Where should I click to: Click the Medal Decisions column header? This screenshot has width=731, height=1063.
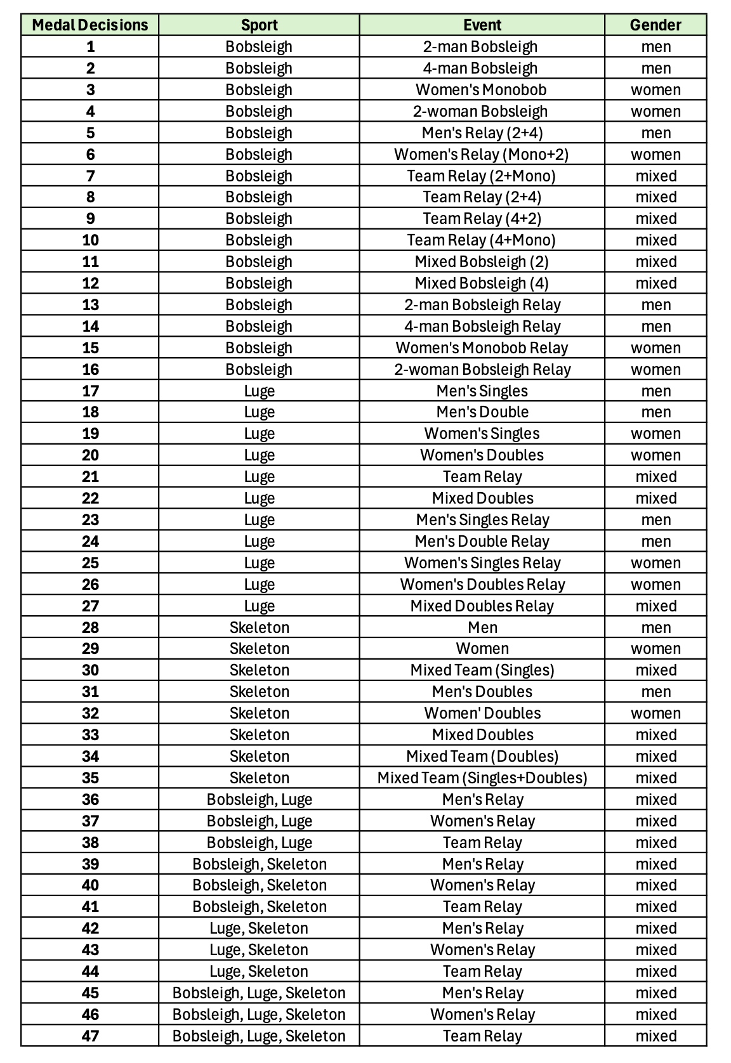(x=89, y=25)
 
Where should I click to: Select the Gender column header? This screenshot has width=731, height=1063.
(x=655, y=25)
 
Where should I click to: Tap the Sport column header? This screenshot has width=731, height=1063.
(x=259, y=25)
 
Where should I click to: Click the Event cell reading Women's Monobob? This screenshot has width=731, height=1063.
(x=482, y=89)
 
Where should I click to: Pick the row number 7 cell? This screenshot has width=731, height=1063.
(x=90, y=176)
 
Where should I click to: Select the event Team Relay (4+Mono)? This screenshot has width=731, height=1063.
(x=482, y=240)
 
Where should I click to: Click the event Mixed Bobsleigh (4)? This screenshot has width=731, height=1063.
(x=482, y=283)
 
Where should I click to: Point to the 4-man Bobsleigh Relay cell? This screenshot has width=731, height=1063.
(x=482, y=326)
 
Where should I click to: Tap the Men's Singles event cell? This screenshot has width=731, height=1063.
(x=482, y=391)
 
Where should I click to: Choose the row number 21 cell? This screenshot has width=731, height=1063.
(x=90, y=476)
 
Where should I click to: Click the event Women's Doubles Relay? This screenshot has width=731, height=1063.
(x=482, y=584)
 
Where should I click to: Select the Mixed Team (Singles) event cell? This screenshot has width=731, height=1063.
(x=482, y=670)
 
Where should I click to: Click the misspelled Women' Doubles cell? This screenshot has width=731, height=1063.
(x=482, y=713)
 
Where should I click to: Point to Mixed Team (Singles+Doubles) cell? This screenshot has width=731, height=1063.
(x=482, y=778)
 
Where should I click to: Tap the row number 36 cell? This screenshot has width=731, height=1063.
(x=90, y=799)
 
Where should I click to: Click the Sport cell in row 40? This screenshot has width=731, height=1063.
(x=260, y=885)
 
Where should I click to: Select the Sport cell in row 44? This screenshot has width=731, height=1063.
(x=259, y=971)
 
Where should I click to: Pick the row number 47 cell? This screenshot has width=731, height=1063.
(x=90, y=1036)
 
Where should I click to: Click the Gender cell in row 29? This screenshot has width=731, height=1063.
(x=655, y=648)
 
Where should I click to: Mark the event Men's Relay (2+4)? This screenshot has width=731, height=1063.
(x=482, y=133)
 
